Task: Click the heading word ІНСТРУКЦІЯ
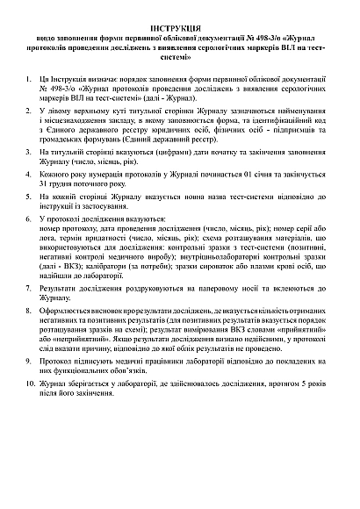(180, 29)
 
